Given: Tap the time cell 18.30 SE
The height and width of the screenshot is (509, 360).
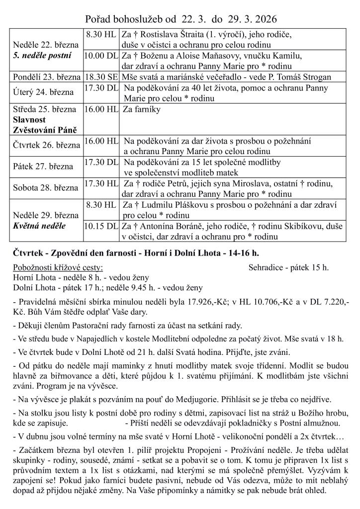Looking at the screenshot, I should tap(101, 77).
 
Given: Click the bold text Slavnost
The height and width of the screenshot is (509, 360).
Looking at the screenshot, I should tap(29, 119).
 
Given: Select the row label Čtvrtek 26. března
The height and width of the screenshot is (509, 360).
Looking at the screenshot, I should tap(47, 146).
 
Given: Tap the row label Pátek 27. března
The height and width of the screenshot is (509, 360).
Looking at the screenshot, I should tap(43, 167).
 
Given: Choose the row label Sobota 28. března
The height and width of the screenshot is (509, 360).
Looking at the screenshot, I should tap(45, 187).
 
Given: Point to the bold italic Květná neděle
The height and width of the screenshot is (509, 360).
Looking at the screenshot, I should tap(39, 226).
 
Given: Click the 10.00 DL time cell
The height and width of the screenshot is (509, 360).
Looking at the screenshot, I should tap(101, 56).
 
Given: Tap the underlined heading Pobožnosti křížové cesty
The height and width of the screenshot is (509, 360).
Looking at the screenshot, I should tap(58, 267).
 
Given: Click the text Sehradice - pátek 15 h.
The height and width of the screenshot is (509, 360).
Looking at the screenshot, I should tap(288, 267).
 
